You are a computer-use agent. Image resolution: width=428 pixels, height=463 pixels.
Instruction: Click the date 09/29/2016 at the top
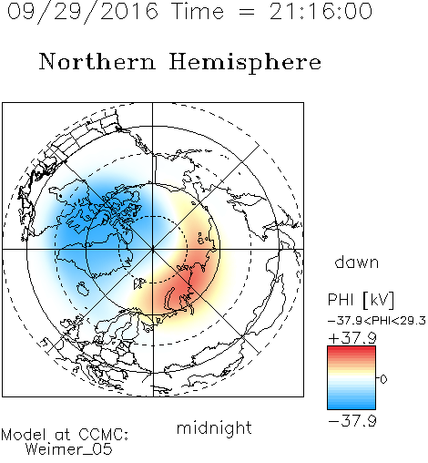(83, 12)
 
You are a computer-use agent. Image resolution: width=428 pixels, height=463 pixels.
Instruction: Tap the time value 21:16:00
(321, 11)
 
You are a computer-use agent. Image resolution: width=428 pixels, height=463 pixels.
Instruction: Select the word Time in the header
(198, 11)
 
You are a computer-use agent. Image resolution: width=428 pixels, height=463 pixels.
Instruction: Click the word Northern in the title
(97, 61)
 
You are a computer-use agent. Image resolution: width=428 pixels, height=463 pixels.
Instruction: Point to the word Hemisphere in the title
(245, 63)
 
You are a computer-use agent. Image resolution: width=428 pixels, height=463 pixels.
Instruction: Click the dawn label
(357, 262)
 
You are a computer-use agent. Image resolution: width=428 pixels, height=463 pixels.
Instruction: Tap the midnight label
(214, 427)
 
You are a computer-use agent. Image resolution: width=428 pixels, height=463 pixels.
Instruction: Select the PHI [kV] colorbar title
(361, 300)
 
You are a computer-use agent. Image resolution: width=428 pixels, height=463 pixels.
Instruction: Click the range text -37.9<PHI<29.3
(377, 321)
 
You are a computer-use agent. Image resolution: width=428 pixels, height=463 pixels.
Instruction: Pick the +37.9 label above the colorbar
(352, 338)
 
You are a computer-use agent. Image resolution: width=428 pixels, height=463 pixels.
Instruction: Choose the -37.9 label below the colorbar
(352, 421)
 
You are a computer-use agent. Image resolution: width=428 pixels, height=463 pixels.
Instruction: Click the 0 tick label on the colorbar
(383, 379)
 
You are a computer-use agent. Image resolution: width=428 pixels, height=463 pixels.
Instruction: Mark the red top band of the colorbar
(352, 349)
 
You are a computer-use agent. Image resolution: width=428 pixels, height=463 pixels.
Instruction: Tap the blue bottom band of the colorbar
(352, 406)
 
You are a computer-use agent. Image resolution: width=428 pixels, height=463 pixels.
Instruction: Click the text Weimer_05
(69, 448)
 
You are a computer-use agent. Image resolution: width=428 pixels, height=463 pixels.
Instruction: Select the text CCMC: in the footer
(104, 435)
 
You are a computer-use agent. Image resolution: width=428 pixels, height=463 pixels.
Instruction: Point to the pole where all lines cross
(152, 249)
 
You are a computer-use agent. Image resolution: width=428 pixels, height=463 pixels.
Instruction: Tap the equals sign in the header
(247, 12)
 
